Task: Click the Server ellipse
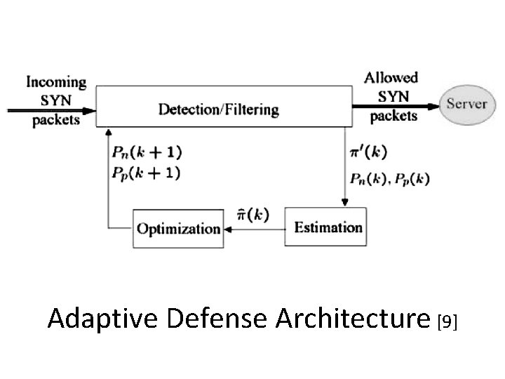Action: point(466,103)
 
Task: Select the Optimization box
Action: point(178,228)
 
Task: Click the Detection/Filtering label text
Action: point(218,109)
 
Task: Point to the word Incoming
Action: point(57,82)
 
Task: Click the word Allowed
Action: point(391,78)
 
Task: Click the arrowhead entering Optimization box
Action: point(229,229)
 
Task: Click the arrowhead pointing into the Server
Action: point(434,105)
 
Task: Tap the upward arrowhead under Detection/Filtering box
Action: point(107,132)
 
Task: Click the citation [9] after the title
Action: point(447,321)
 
